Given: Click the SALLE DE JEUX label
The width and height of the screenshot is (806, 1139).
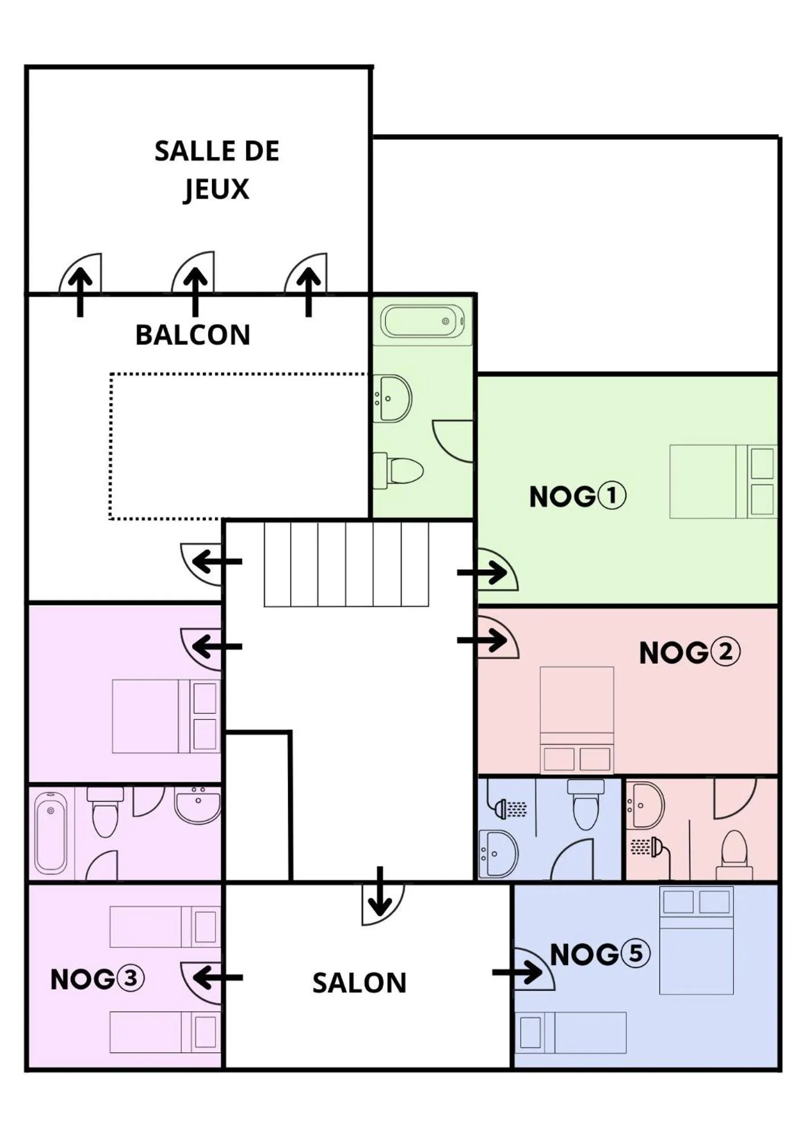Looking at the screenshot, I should tap(217, 170).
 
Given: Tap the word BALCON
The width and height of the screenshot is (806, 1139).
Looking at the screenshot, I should tap(193, 335).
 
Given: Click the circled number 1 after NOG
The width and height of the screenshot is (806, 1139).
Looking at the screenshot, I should tap(611, 496).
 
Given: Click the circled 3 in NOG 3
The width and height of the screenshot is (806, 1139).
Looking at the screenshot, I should tap(131, 978).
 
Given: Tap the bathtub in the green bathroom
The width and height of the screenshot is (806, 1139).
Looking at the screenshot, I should tap(422, 321).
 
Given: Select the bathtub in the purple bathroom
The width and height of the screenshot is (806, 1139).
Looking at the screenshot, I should tap(51, 833).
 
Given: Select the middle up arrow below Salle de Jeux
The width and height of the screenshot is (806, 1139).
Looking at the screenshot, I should tap(195, 291).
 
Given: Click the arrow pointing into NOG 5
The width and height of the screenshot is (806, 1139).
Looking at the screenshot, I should tap(518, 972).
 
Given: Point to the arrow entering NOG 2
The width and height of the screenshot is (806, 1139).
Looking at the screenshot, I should tap(482, 640).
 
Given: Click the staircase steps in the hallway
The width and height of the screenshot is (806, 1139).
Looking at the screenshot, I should tap(346, 564).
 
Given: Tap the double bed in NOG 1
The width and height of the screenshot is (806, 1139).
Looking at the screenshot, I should tap(723, 481).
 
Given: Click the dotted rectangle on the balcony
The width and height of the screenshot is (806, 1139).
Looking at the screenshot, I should tap(238, 446).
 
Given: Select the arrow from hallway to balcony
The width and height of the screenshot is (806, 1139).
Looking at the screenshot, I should tap(217, 562).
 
